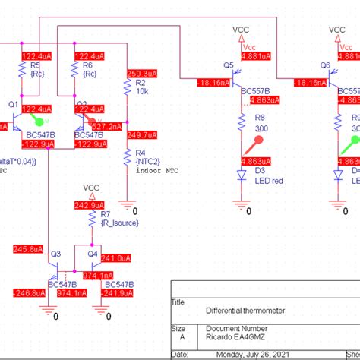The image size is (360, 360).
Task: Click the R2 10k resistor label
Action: pyautogui.click(x=141, y=87)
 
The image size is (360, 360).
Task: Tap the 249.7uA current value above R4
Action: pyautogui.click(x=141, y=135)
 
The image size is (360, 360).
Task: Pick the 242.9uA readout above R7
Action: pyautogui.click(x=90, y=206)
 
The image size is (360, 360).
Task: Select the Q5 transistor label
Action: pyautogui.click(x=228, y=65)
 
